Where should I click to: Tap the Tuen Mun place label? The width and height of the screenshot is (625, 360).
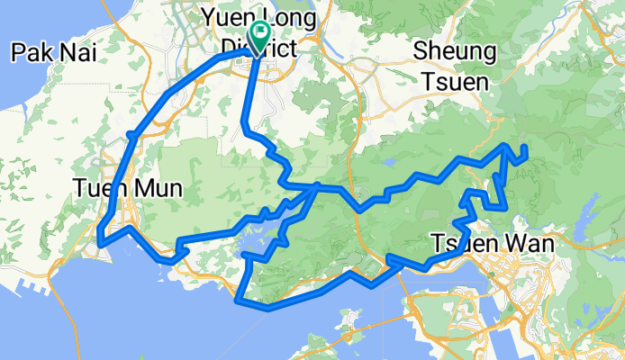click(128, 189)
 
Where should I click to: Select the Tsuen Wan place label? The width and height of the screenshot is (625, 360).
click(478, 245)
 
